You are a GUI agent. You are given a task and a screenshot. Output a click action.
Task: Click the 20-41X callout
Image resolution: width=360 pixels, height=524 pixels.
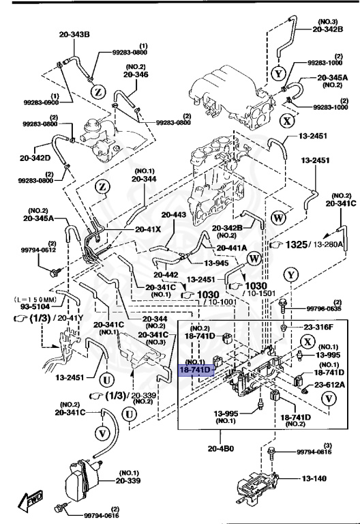[x=147, y=229]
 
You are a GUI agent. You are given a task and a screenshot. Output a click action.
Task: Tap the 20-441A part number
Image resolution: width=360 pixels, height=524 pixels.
[x=232, y=248]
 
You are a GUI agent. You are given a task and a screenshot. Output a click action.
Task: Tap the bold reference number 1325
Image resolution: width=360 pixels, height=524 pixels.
[x=294, y=244]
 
